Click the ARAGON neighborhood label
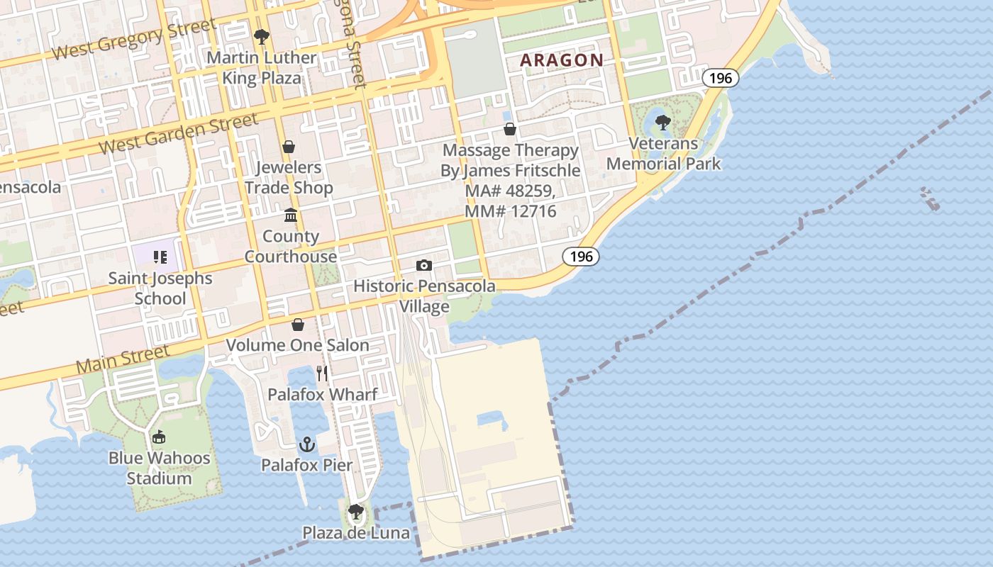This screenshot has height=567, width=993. [562, 60]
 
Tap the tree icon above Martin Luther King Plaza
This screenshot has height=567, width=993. [262, 36]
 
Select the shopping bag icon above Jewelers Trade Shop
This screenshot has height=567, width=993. [289, 147]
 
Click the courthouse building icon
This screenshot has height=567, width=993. [291, 215]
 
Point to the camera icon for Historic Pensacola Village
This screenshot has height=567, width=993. [424, 266]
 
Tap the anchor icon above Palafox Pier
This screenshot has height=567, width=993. [306, 444]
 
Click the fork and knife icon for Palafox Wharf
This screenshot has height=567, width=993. [322, 373]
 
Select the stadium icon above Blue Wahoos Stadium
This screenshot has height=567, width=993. [159, 437]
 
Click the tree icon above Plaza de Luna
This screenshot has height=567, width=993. [355, 512]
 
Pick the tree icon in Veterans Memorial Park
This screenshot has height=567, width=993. [663, 123]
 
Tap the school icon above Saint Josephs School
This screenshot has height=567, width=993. [160, 257]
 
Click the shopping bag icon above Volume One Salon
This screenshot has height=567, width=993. [298, 325]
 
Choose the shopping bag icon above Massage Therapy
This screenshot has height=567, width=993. [510, 129]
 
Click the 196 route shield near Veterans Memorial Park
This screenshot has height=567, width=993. [720, 78]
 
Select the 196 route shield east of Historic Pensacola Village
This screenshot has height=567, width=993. [581, 256]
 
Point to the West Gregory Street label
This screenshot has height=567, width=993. [134, 40]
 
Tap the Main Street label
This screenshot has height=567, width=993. [123, 359]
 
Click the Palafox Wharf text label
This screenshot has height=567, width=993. [322, 394]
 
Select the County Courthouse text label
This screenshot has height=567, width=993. [291, 247]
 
